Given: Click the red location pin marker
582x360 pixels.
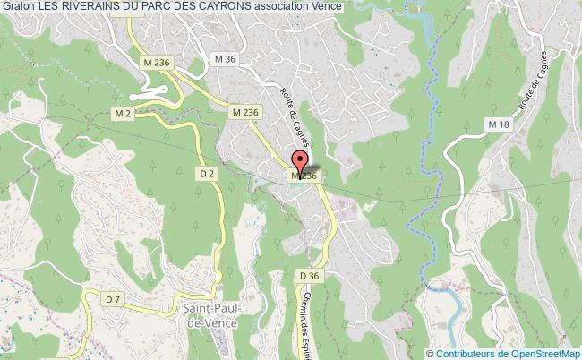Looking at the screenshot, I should coord(301,163).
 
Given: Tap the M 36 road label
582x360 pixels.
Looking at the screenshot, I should coord(224,59).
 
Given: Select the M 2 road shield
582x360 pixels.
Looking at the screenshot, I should coord(123,113).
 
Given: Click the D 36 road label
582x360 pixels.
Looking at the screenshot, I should coord(310,275).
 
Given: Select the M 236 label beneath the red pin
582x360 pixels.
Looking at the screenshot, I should coord(303,177).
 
